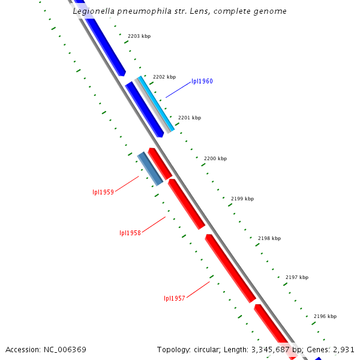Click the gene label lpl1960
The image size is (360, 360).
[x=202, y=81]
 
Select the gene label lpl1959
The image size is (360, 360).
[x=103, y=193]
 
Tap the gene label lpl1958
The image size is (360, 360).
[x=130, y=233]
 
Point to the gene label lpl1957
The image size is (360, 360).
[x=175, y=298]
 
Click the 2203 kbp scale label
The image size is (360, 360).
[x=139, y=37]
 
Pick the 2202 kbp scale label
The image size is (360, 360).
[x=164, y=77]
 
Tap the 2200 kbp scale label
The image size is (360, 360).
[x=215, y=158]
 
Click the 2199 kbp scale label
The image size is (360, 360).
[x=242, y=199]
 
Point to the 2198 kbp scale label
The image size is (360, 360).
[x=269, y=238]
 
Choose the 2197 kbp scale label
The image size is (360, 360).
[x=297, y=277]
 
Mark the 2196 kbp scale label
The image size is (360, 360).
[x=325, y=316]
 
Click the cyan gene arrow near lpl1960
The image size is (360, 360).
[x=158, y=104]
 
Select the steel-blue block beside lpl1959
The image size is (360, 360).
[x=150, y=169]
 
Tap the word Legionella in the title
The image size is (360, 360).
[x=93, y=11]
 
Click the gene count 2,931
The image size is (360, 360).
[x=345, y=349]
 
